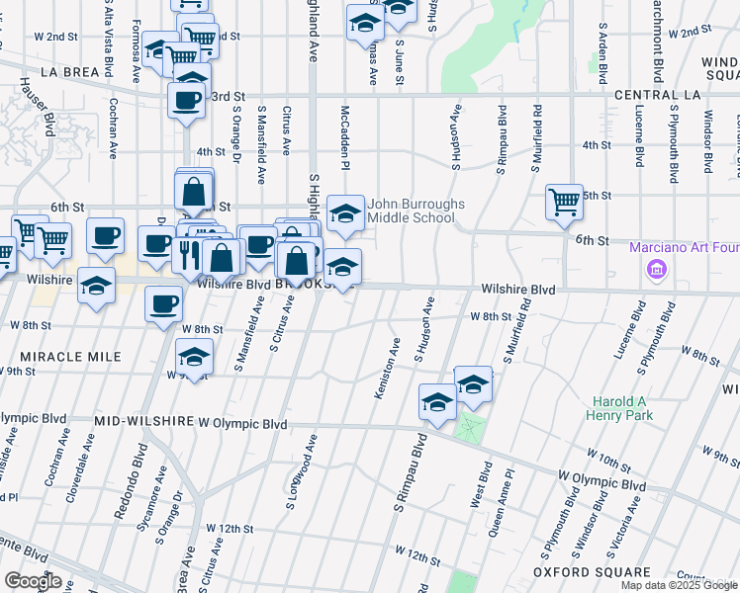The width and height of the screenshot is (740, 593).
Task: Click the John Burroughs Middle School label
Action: click(416, 212)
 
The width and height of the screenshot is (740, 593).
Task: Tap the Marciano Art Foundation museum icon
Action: click(656, 270)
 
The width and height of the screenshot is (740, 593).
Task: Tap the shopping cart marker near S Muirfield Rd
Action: click(564, 202)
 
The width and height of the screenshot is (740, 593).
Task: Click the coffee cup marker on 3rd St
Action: click(187, 100)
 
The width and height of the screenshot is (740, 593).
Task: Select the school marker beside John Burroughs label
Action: click(345, 212)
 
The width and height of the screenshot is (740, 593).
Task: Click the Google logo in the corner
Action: click(32, 582)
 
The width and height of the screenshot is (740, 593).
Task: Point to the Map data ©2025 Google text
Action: click(680, 585)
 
